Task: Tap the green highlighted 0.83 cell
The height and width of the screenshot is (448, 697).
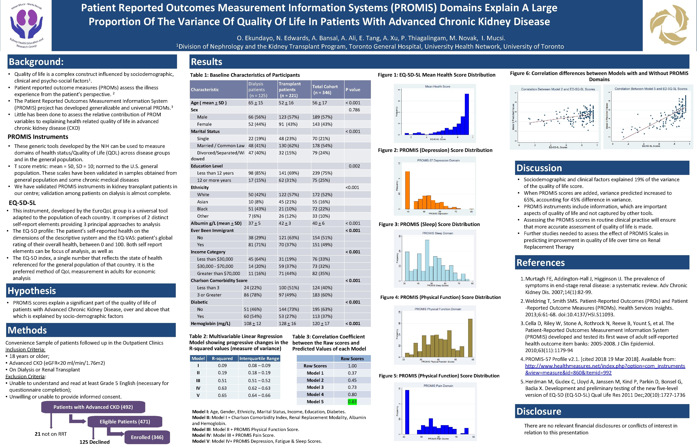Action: coord(352,402)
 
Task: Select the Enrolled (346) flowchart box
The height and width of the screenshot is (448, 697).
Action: coord(147,437)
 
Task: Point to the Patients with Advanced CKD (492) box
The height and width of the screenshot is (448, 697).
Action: coord(93,407)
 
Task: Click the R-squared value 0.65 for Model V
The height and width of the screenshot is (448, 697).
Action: coord(222,395)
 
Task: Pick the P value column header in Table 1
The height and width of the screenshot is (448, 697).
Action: coord(353,90)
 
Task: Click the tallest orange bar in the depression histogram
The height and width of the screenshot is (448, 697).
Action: coord(408,190)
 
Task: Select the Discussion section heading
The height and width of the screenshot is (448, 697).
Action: coord(539,168)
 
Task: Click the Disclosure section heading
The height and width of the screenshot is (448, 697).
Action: coord(539,411)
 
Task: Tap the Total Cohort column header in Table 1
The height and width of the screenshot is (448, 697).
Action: coord(325,90)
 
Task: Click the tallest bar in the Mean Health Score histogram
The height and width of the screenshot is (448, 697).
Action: coord(467,114)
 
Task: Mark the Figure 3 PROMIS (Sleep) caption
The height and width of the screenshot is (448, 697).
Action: coord(429,224)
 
